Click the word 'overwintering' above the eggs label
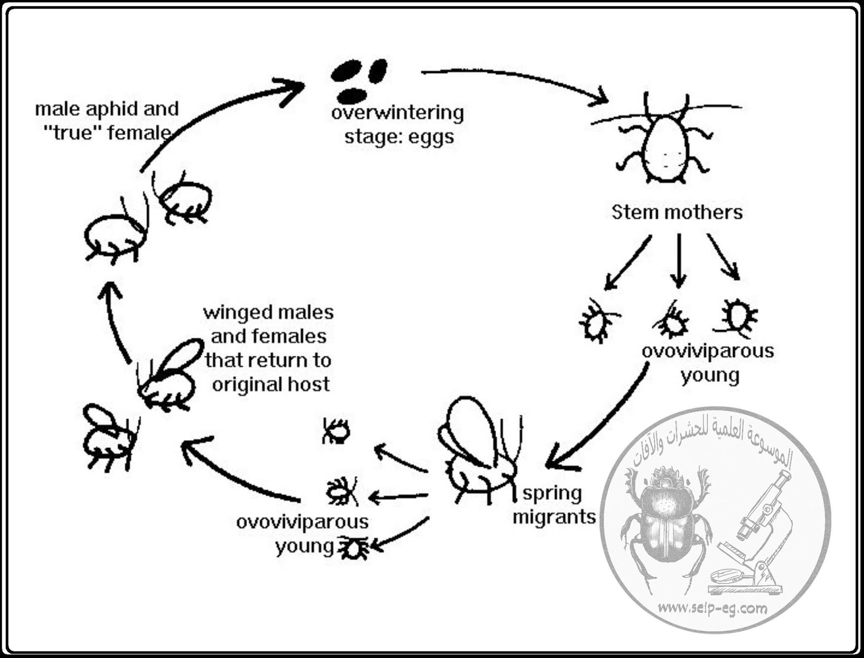click(397, 113)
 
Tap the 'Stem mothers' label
click(677, 212)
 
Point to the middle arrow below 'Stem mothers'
click(679, 259)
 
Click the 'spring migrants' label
click(553, 505)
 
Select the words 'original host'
click(271, 384)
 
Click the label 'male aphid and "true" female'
click(106, 120)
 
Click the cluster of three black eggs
click(359, 79)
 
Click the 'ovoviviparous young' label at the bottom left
click(302, 533)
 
